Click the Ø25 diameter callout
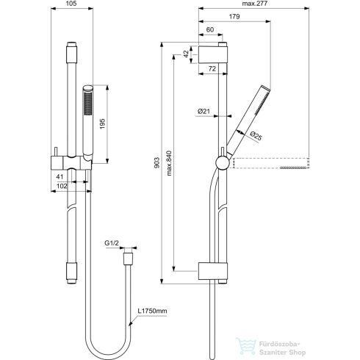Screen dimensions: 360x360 tap(256, 135)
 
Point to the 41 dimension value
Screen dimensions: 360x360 tap(58, 176)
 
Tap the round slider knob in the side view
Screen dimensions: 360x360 tap(221, 162)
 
